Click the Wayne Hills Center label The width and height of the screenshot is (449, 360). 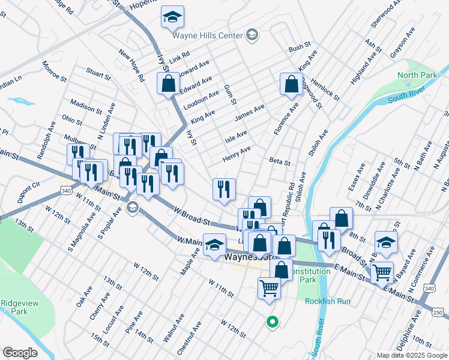(208, 35)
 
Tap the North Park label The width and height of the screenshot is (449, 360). (417, 76)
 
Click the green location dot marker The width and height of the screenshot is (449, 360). (273, 322)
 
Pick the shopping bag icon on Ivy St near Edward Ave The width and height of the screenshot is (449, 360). (169, 83)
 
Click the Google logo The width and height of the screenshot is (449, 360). (20, 353)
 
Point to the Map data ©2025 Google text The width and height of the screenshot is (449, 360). (411, 355)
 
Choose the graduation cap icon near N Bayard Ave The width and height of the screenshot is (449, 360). (386, 242)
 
